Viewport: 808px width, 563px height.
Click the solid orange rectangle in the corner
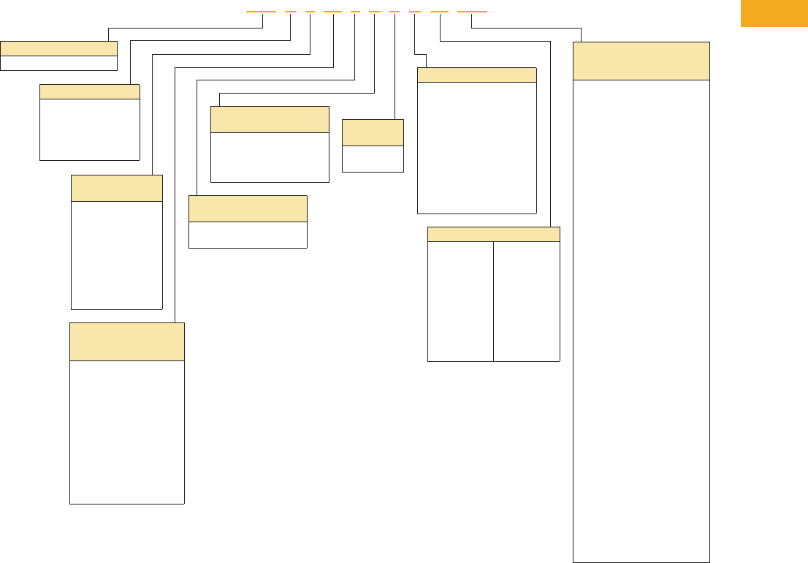tap(774, 13)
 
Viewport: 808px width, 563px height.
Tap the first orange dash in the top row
tap(261, 12)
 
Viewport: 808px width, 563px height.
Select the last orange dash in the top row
tap(472, 12)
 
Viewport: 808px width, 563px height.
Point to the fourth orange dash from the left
tap(332, 12)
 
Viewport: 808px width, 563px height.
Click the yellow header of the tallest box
tap(641, 61)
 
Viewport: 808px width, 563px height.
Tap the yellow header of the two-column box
tap(493, 234)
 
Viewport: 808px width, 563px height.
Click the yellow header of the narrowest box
tap(373, 132)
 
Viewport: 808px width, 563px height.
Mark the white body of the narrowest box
tap(373, 159)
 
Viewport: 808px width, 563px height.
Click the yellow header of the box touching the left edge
tap(58, 48)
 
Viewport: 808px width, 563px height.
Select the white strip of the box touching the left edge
tap(58, 63)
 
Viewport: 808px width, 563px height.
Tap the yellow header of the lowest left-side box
tap(126, 341)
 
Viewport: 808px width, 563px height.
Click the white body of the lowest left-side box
tap(126, 431)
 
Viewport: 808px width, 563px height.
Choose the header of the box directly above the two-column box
tap(476, 75)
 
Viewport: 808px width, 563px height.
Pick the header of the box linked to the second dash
tap(89, 91)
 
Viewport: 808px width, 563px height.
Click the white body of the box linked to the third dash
tap(116, 254)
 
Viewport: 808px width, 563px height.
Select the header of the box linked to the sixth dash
tap(269, 119)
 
